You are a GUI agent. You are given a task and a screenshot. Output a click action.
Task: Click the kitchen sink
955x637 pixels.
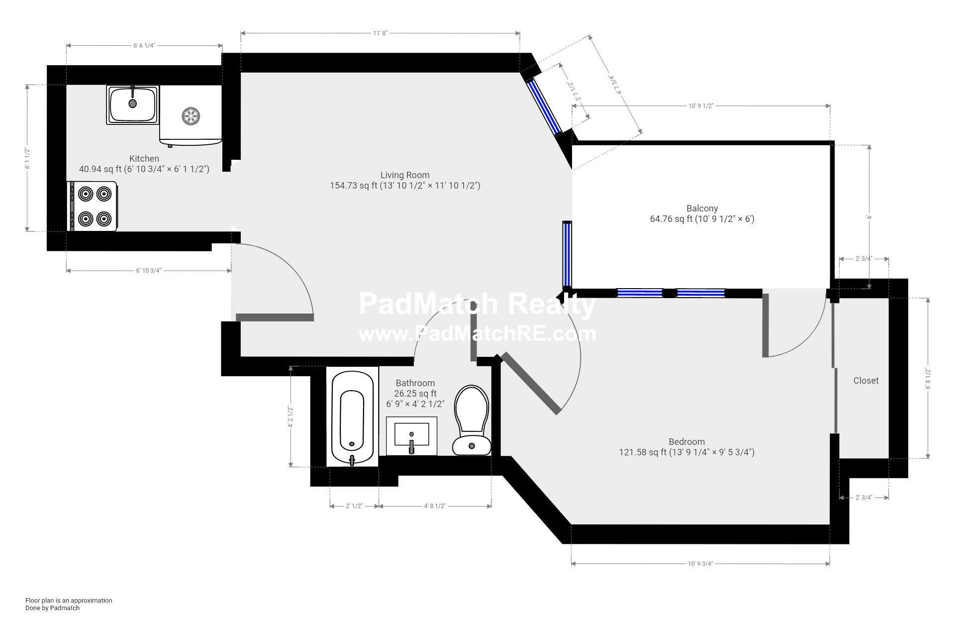(133, 105)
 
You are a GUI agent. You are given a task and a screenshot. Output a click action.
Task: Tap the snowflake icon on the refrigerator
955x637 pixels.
(190, 116)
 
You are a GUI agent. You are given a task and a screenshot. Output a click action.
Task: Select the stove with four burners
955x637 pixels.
(92, 206)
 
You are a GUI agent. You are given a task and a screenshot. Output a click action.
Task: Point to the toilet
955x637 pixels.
(472, 420)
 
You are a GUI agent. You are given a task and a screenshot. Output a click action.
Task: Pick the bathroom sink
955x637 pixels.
(411, 436)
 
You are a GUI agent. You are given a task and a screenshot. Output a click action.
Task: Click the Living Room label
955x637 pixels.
(405, 175)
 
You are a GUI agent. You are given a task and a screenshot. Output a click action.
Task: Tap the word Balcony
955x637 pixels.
(702, 208)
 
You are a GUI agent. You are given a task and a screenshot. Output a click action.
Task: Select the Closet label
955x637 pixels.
(866, 380)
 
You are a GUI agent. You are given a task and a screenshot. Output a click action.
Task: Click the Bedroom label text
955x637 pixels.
(686, 441)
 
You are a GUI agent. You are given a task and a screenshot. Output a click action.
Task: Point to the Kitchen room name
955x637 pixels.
(144, 158)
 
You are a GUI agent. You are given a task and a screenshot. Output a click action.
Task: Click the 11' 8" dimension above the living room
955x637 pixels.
(380, 33)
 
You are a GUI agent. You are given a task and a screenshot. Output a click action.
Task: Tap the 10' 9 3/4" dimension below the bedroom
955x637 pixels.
(700, 563)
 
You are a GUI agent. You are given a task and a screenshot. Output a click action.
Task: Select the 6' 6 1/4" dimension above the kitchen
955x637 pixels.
(144, 45)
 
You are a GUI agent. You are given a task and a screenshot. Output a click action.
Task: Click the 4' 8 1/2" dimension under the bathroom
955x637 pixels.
(435, 506)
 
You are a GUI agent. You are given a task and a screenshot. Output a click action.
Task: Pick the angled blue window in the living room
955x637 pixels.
(544, 106)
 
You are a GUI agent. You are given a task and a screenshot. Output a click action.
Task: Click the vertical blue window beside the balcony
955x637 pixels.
(567, 255)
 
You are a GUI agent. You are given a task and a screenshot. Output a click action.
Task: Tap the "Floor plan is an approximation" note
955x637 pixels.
(69, 600)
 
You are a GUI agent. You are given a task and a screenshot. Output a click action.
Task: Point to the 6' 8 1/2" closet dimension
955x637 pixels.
(928, 378)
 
